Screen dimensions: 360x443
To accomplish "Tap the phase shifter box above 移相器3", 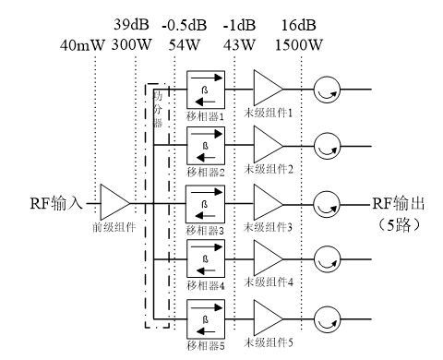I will point(205,201).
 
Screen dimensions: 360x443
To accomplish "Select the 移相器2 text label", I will point(205,172).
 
